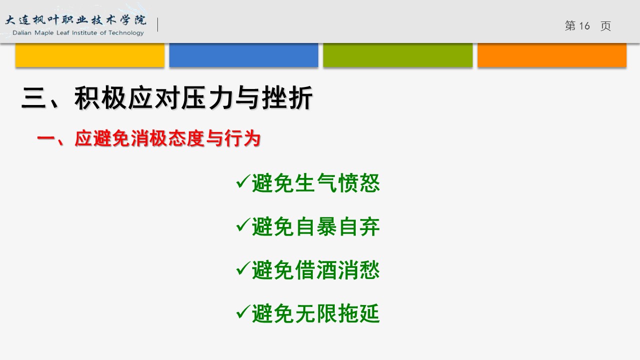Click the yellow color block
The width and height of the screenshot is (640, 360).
coord(90,55)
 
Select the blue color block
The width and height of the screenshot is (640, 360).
coord(244,55)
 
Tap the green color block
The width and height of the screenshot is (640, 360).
coord(398,55)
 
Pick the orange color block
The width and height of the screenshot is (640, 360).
coord(552,55)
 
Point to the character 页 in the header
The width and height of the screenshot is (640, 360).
coord(606,26)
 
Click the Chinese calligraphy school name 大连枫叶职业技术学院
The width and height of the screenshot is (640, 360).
coord(76,20)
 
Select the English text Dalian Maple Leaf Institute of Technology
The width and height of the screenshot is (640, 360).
coord(78,33)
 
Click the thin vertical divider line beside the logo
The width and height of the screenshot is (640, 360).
coord(158,24)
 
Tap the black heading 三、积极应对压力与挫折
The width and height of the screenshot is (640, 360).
coord(167,98)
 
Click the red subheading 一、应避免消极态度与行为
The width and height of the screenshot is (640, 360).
coord(148,138)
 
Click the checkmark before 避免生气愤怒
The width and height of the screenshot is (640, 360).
coord(243,181)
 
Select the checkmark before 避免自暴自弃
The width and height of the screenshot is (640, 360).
coord(243,224)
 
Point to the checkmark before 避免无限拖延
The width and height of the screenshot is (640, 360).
coord(243,312)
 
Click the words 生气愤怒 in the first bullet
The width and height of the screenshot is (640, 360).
coord(337,183)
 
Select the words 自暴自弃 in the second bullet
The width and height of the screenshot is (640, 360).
coord(337,227)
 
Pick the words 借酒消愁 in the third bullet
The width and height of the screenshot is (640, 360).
coord(337,270)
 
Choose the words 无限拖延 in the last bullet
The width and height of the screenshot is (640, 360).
coord(337,313)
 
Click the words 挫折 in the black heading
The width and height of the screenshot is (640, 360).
coord(287,98)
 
